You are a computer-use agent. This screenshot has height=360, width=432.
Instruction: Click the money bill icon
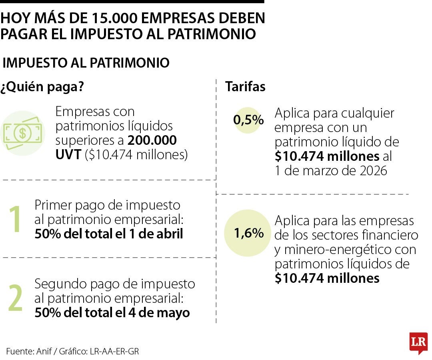[x=22, y=133]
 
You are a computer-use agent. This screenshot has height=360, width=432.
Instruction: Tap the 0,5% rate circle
[x=248, y=120]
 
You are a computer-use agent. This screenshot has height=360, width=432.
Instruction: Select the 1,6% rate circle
[x=248, y=233]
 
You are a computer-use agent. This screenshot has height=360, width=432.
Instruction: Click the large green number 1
[x=16, y=219]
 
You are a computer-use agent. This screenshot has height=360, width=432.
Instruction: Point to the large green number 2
[x=16, y=298]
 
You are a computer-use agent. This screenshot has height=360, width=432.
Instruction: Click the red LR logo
[x=418, y=343]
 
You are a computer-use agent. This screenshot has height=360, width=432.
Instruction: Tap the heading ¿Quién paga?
[x=42, y=87]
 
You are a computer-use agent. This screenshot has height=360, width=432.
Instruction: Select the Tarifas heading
[x=245, y=87]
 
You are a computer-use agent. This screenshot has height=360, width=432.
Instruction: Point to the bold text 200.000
[x=152, y=141]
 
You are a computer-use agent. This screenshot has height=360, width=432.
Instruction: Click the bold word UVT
[x=68, y=155]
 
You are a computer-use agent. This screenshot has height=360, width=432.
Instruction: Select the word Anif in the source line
[x=44, y=351]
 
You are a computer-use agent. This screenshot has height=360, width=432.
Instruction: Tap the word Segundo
[x=59, y=284]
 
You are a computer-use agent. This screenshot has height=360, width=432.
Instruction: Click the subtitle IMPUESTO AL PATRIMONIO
[x=86, y=63]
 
